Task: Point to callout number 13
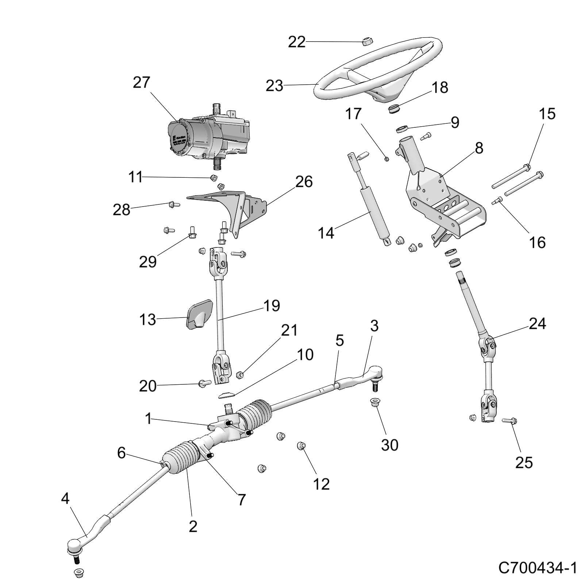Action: coord(147,320)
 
